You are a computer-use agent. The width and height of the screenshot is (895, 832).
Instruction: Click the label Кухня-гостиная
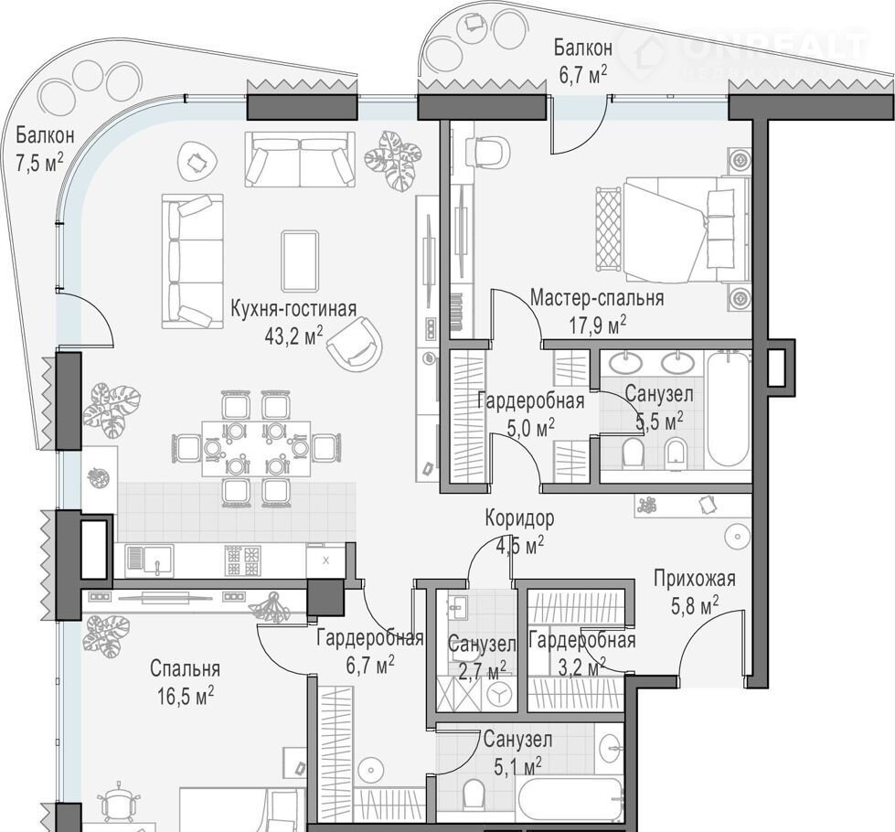click(x=293, y=309)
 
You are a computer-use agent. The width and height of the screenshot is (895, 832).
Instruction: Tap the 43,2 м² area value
click(x=293, y=336)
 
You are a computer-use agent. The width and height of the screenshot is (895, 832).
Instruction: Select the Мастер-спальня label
click(x=596, y=298)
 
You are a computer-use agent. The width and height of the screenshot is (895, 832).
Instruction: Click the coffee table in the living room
click(x=300, y=261)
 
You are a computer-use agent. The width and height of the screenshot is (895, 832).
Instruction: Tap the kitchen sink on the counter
click(x=150, y=560)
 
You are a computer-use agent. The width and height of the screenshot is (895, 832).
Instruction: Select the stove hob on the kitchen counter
click(x=243, y=560)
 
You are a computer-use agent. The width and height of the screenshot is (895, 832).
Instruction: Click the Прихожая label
click(x=695, y=579)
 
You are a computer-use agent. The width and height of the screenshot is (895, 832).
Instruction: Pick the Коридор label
click(x=519, y=518)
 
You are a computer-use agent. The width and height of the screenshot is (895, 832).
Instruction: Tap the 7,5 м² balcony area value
click(x=38, y=163)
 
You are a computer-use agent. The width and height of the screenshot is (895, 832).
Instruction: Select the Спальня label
click(x=185, y=668)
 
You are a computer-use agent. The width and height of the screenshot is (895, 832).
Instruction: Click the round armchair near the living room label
click(x=355, y=345)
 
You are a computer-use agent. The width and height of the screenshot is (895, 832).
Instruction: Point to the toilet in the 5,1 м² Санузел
click(x=474, y=793)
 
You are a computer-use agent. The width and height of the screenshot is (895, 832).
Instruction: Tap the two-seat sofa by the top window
click(x=300, y=159)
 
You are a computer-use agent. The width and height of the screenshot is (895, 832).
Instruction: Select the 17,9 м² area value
click(x=597, y=325)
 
